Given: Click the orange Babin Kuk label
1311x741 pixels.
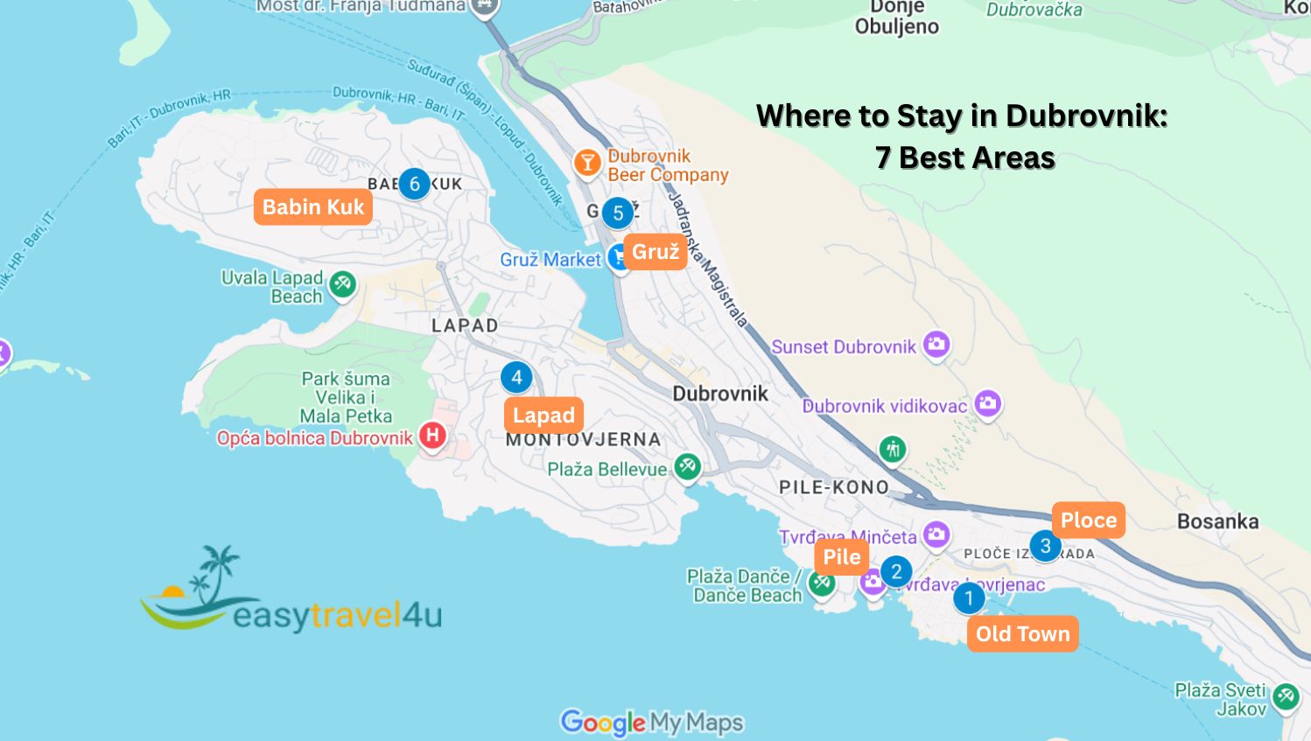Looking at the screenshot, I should tap(312, 207).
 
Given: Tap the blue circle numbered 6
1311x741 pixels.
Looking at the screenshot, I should tap(415, 184).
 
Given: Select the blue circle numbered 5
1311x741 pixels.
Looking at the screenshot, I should tap(618, 213).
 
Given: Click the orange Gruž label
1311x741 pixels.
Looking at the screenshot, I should tap(655, 252).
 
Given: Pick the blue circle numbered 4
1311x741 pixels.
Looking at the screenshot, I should tap(516, 377).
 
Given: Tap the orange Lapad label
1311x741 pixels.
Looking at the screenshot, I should tap(543, 416).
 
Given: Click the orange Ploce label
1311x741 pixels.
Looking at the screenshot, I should tap(1088, 521).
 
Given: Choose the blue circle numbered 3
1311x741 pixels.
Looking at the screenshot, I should tap(1045, 546).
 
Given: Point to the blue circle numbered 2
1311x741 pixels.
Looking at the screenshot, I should tap(896, 572).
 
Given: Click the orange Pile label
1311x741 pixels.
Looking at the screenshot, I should tap(841, 557).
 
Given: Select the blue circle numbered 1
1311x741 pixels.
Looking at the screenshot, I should tap(969, 599).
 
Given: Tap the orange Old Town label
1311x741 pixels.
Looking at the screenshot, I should tap(1022, 634).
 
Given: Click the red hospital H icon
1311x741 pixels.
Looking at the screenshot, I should tap(432, 435).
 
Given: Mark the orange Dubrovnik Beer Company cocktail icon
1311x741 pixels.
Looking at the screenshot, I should tap(587, 162).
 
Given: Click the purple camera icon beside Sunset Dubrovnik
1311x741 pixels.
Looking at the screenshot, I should tap(936, 344).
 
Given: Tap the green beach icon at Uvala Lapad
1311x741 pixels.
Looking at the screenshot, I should tap(342, 283).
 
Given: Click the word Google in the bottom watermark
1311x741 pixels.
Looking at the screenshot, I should tap(603, 723).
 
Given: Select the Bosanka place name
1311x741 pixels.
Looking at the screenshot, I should tap(1217, 521).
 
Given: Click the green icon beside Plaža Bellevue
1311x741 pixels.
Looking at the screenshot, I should tap(687, 466).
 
